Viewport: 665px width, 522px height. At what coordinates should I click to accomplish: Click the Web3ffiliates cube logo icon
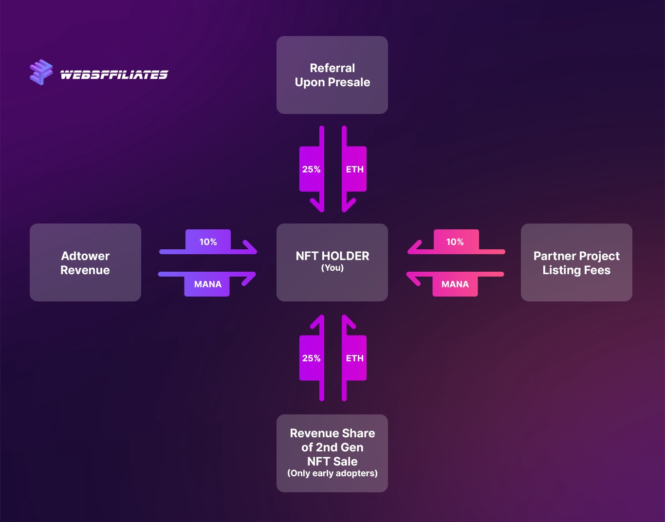pos(41,72)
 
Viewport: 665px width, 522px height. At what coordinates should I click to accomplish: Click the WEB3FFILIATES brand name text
pos(114,75)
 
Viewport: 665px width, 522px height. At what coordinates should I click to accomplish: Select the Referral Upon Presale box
pos(332,75)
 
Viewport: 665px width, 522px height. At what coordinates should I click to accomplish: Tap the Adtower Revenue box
pos(85,262)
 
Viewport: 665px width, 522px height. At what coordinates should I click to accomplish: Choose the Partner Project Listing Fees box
pos(576,262)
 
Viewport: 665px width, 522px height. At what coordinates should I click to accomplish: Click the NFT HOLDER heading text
pos(332,256)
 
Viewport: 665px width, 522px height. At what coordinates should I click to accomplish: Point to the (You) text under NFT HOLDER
pos(332,268)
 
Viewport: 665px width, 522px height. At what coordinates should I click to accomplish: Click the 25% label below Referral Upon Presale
pos(311,169)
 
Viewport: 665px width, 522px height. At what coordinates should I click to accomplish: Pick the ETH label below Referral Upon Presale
pos(355,169)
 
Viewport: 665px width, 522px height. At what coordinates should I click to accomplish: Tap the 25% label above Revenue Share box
pos(311,358)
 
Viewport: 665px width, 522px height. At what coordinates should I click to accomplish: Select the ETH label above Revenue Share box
pos(355,358)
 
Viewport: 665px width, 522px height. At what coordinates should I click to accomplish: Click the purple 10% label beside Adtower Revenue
pos(208,242)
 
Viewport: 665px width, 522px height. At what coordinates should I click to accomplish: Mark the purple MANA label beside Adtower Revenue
pos(208,284)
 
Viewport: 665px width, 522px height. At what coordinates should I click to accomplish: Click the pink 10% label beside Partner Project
pos(455,242)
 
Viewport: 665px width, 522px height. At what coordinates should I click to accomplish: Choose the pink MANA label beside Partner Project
pos(455,284)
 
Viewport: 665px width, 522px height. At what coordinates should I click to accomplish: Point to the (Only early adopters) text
pos(332,473)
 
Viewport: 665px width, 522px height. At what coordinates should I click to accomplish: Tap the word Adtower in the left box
pos(85,256)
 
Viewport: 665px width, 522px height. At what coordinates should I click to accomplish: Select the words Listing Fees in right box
pos(576,270)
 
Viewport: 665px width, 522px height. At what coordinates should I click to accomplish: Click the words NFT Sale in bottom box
pos(332,462)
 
